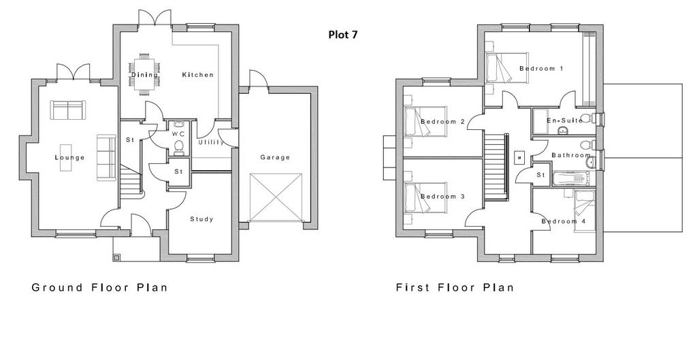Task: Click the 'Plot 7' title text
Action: click(x=343, y=35)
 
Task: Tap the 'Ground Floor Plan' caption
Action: click(x=99, y=288)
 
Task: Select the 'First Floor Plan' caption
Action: click(x=455, y=288)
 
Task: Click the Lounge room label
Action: click(x=70, y=157)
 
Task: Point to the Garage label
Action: click(x=275, y=157)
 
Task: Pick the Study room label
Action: click(x=201, y=219)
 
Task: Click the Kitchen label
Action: click(x=198, y=75)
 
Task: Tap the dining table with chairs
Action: click(x=144, y=74)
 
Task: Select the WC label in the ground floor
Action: click(x=178, y=134)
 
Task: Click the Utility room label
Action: click(x=211, y=142)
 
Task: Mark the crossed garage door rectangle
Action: click(x=277, y=197)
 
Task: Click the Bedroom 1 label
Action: click(x=541, y=69)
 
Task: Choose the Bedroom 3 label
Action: click(x=442, y=197)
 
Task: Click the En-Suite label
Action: click(x=564, y=120)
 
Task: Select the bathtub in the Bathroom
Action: click(x=571, y=179)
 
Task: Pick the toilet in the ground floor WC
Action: click(x=179, y=148)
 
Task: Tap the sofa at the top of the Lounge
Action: click(x=68, y=110)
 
